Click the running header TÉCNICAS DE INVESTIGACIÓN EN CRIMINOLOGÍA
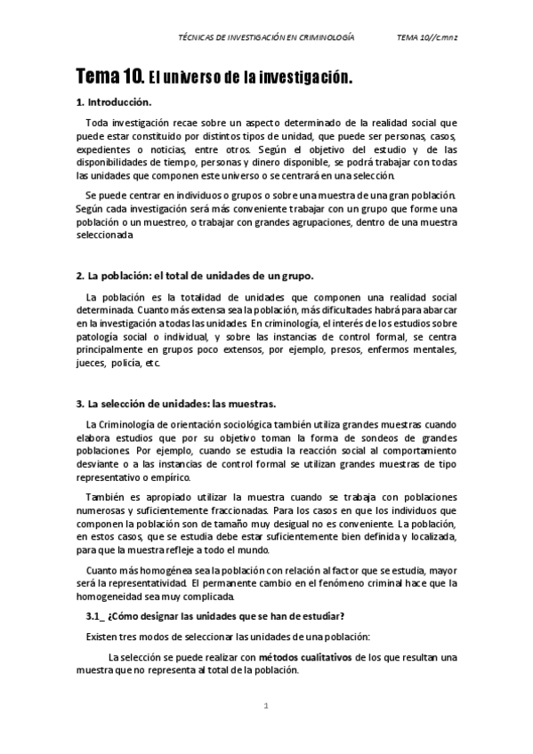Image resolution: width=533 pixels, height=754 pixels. coord(267,39)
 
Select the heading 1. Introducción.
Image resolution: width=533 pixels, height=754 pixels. coord(115,102)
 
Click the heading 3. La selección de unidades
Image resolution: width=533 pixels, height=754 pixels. coord(176,403)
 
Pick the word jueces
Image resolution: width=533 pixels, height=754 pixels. coord(93,364)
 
